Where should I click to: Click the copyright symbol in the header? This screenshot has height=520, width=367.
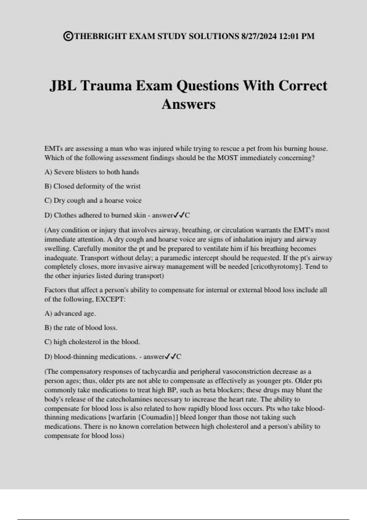tap(68, 36)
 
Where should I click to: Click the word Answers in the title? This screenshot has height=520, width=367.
tap(188, 104)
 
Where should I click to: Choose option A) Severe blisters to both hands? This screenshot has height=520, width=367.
tap(91, 172)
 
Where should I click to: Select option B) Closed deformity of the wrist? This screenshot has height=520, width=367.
tap(92, 186)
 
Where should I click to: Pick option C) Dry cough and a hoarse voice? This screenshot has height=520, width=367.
tap(93, 200)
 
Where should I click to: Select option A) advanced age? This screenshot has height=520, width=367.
tap(70, 313)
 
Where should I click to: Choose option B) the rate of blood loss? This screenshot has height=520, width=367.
tap(81, 328)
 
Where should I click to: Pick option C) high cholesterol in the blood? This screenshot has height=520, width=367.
tap(92, 342)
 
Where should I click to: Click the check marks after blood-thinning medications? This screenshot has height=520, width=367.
tap(170, 356)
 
